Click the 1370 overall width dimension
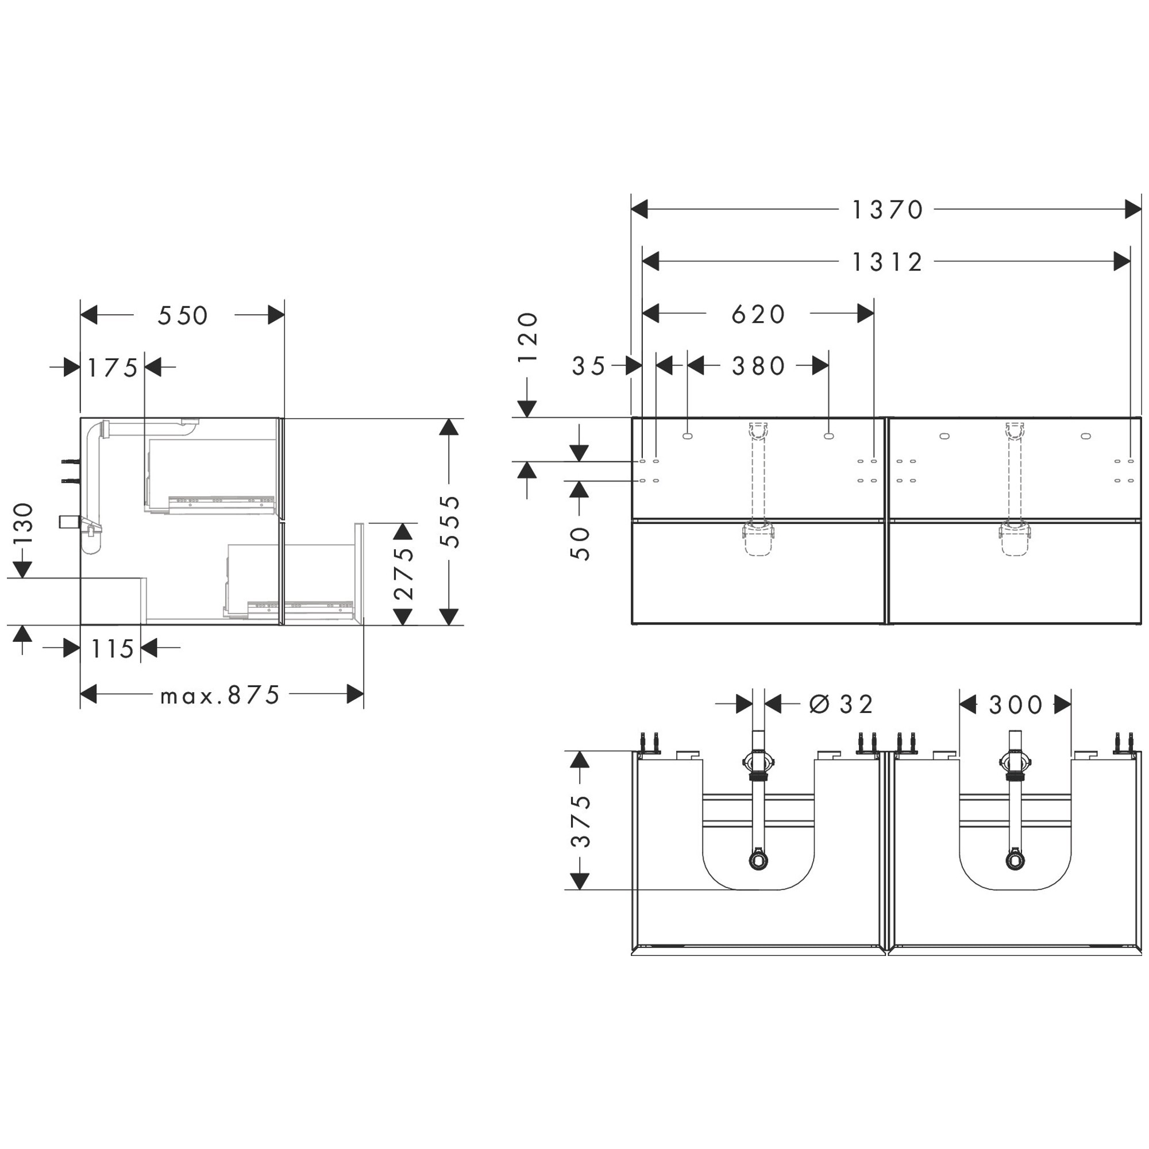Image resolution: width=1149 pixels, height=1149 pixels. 888,210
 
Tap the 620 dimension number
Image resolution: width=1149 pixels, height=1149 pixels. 759,314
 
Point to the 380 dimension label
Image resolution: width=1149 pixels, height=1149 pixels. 759,367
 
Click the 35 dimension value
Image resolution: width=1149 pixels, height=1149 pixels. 589,367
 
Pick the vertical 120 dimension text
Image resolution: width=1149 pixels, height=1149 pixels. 528,337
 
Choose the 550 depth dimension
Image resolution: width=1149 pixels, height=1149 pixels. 183,316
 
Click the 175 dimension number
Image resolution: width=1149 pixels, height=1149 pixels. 113,368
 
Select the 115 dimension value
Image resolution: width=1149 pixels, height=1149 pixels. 113,649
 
